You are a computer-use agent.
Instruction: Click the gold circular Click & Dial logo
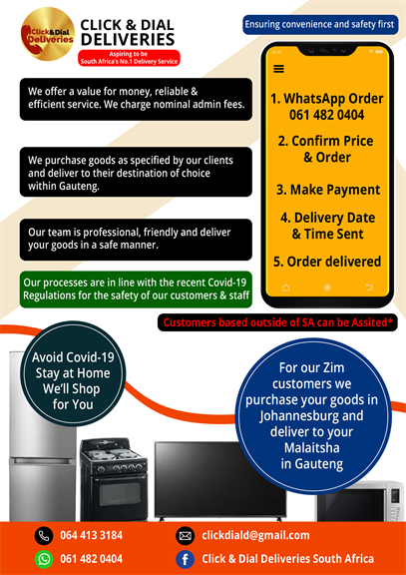pos(48,34)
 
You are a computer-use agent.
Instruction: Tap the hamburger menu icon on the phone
pos(278,69)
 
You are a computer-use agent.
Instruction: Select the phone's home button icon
pos(285,287)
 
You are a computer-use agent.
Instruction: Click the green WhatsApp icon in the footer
pos(44,559)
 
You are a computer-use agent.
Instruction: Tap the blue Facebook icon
pos(186,559)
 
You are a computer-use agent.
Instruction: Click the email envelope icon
pos(186,536)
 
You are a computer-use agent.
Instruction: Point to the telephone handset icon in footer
pos(44,536)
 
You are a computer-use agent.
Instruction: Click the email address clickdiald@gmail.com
pos(255,535)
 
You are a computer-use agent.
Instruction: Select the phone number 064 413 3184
pos(91,535)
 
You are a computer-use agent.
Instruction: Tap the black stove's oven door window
pos(115,494)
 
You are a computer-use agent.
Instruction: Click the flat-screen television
pos(219,481)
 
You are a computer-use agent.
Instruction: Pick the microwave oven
pos(360,501)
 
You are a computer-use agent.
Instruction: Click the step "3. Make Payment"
pos(328,190)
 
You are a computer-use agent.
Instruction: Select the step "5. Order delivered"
pos(327,262)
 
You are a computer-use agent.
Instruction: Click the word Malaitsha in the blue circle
pos(312,448)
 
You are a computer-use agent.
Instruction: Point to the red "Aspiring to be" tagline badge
pos(129,58)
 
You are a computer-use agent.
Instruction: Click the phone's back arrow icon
pos(369,287)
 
